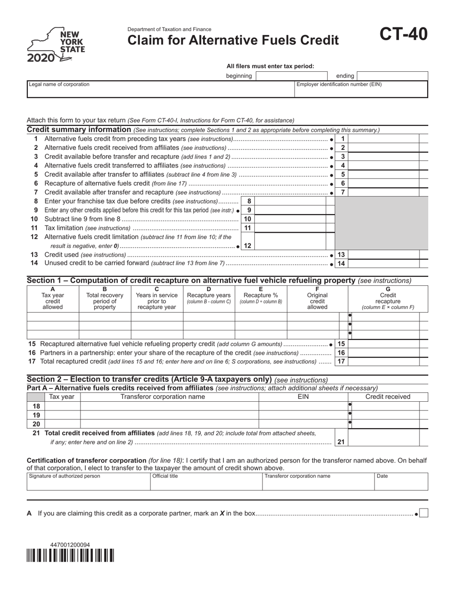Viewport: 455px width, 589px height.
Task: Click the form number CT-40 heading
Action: pyautogui.click(x=404, y=34)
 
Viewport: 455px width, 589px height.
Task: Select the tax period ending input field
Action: pyautogui.click(x=392, y=76)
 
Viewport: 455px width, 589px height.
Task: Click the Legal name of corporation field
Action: pyautogui.click(x=160, y=90)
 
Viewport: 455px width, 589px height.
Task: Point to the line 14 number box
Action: pyautogui.click(x=341, y=263)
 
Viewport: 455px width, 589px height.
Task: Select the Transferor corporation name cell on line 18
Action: pyautogui.click(x=169, y=406)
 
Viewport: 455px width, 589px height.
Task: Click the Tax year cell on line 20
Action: pyautogui.click(x=62, y=424)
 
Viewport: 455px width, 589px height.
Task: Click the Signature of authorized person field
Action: pyautogui.click(x=88, y=482)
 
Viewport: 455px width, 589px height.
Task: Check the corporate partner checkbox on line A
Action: pyautogui.click(x=423, y=514)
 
